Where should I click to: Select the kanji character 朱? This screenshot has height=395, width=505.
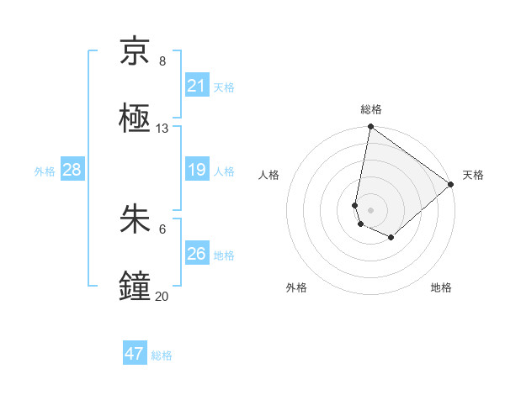pyautogui.click(x=135, y=219)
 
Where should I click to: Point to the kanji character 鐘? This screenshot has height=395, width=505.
pyautogui.click(x=135, y=287)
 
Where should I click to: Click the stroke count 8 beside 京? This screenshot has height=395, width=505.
pyautogui.click(x=162, y=61)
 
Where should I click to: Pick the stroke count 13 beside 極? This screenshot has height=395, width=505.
pyautogui.click(x=162, y=129)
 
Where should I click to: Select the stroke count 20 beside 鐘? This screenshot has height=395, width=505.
pyautogui.click(x=162, y=297)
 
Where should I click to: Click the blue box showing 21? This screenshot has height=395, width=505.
pyautogui.click(x=197, y=86)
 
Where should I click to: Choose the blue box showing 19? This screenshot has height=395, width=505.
pyautogui.click(x=197, y=170)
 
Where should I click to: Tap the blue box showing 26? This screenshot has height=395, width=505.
pyautogui.click(x=197, y=254)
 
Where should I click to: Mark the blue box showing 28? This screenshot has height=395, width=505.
pyautogui.click(x=72, y=170)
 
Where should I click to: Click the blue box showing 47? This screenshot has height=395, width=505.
pyautogui.click(x=135, y=354)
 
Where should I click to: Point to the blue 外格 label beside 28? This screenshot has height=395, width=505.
pyautogui.click(x=45, y=171)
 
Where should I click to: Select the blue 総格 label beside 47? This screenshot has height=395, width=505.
pyautogui.click(x=162, y=355)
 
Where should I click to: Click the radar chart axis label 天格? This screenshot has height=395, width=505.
pyautogui.click(x=473, y=175)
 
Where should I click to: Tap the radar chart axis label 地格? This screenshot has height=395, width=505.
pyautogui.click(x=441, y=287)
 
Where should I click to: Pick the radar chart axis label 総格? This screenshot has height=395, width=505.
pyautogui.click(x=371, y=109)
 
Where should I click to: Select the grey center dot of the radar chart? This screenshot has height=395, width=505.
pyautogui.click(x=371, y=209)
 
